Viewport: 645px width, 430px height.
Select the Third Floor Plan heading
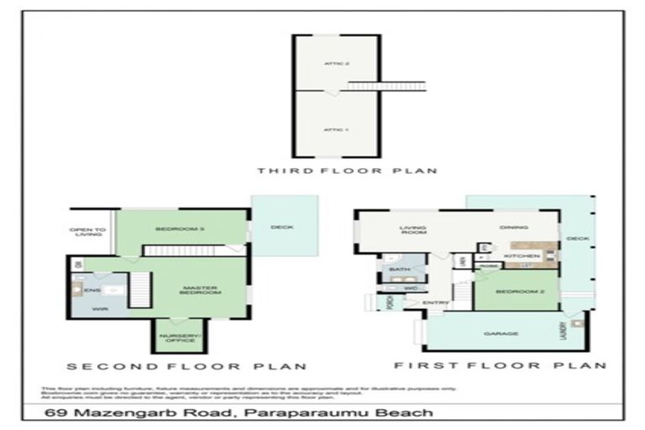click(347, 171)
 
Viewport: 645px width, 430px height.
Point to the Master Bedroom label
click(202, 290)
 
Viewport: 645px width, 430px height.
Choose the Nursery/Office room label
click(177, 338)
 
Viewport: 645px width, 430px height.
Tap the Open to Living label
click(87, 233)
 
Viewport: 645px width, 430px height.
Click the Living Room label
click(414, 231)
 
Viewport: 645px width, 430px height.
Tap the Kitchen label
click(516, 255)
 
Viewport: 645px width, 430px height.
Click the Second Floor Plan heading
click(186, 366)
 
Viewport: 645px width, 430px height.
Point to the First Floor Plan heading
click(500, 365)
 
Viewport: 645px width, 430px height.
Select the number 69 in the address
click(56, 412)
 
